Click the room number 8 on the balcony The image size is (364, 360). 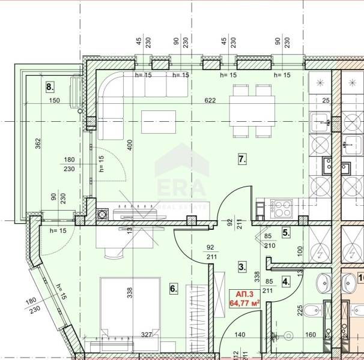click(49, 86)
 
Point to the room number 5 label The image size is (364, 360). click(286, 232)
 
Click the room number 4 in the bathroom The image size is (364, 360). click(286, 280)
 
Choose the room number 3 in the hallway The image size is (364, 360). click(241, 266)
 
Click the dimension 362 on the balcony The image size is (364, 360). click(38, 144)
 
